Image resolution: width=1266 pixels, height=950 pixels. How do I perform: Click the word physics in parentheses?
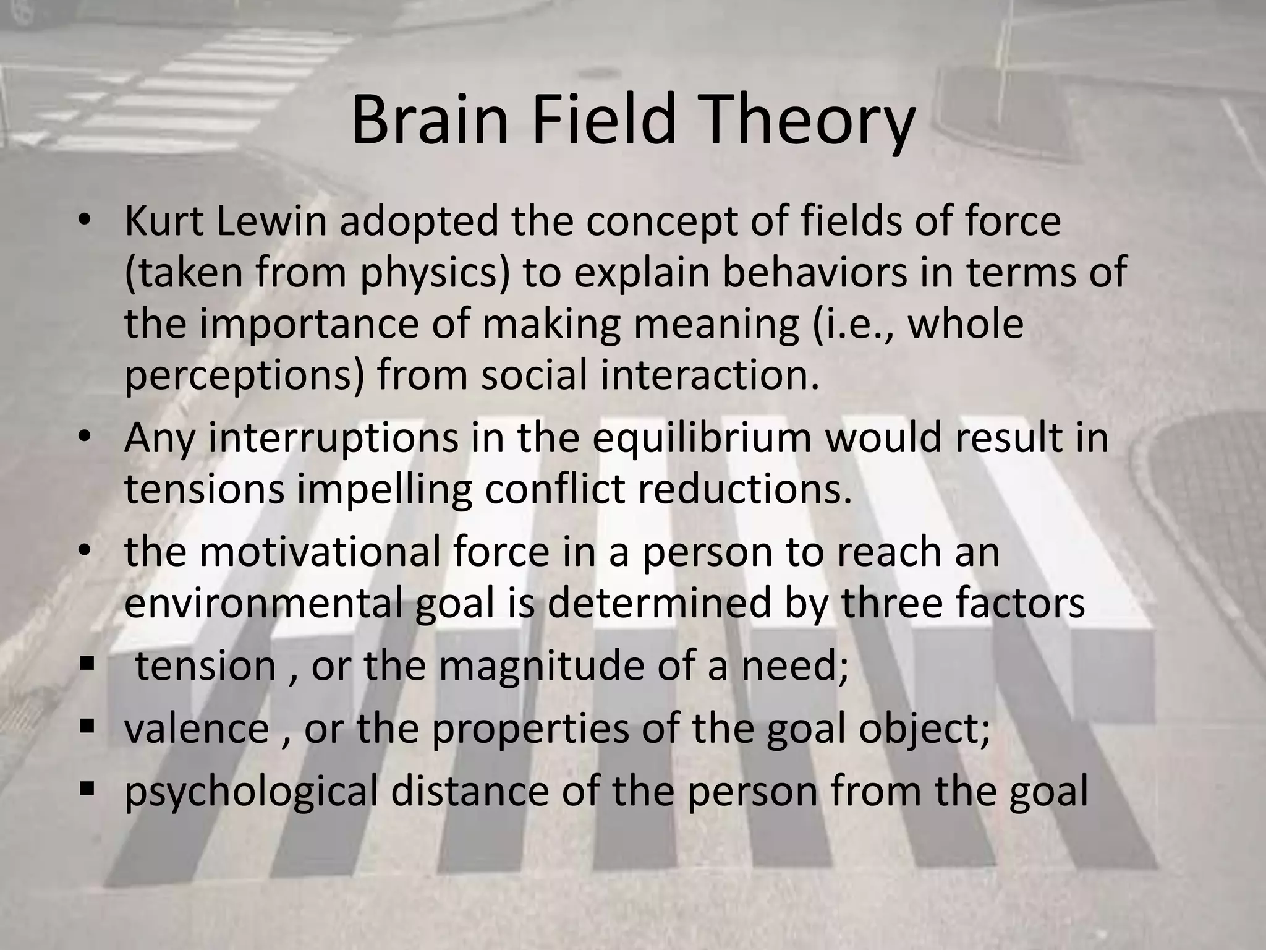[x=435, y=273]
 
